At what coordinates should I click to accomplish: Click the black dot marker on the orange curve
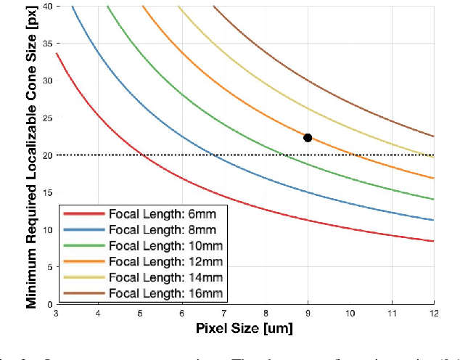[x=308, y=138]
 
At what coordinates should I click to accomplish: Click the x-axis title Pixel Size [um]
[x=245, y=328]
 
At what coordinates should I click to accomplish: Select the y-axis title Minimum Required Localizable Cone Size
[x=32, y=154]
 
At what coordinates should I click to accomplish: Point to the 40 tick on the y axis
[x=47, y=6]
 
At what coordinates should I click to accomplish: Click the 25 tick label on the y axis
[x=47, y=118]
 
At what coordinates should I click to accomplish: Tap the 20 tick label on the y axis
[x=47, y=155]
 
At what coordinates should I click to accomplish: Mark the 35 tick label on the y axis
[x=47, y=43]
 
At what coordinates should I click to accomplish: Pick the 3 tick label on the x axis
[x=57, y=313]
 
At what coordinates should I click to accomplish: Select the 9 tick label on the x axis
[x=308, y=313]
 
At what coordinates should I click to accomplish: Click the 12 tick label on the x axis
[x=433, y=313]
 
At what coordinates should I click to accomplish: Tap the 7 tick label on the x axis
[x=224, y=313]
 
